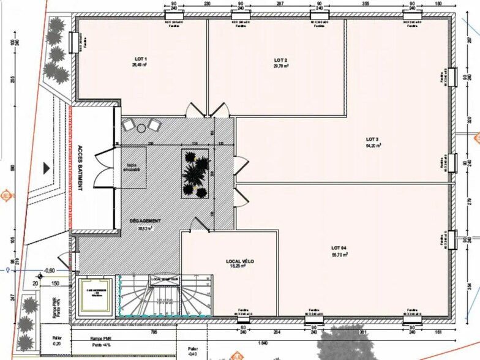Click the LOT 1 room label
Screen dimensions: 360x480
click(x=141, y=59)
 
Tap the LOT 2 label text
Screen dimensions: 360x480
click(x=282, y=60)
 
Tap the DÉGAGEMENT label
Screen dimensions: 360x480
click(x=145, y=220)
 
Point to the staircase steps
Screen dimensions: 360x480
click(x=165, y=300)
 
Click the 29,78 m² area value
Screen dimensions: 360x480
click(x=282, y=67)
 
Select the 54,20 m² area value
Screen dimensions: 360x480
click(x=373, y=146)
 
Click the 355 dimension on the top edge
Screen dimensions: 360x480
click(x=365, y=4)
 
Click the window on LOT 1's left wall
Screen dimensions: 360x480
click(x=73, y=43)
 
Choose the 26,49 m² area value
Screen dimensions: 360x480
click(x=141, y=66)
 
